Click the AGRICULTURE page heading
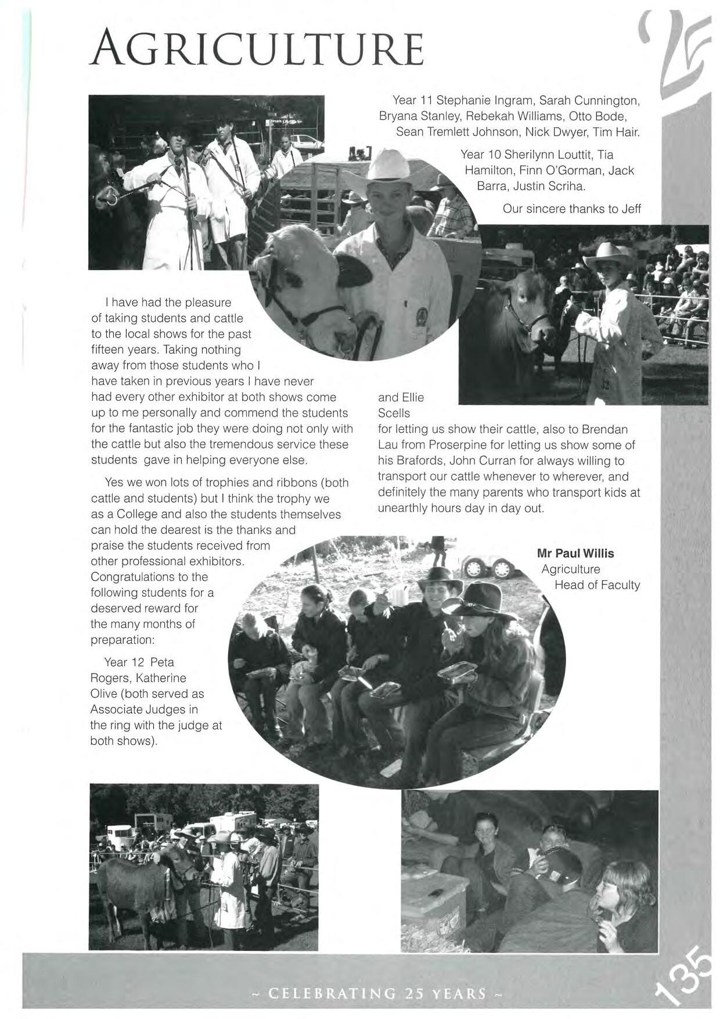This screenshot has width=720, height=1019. [257, 49]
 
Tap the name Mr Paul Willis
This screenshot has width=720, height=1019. [575, 553]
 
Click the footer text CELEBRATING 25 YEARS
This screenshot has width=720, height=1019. [377, 993]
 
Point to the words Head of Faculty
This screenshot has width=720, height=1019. [597, 585]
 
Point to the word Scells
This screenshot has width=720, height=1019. [394, 413]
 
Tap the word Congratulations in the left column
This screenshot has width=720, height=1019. [149, 577]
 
